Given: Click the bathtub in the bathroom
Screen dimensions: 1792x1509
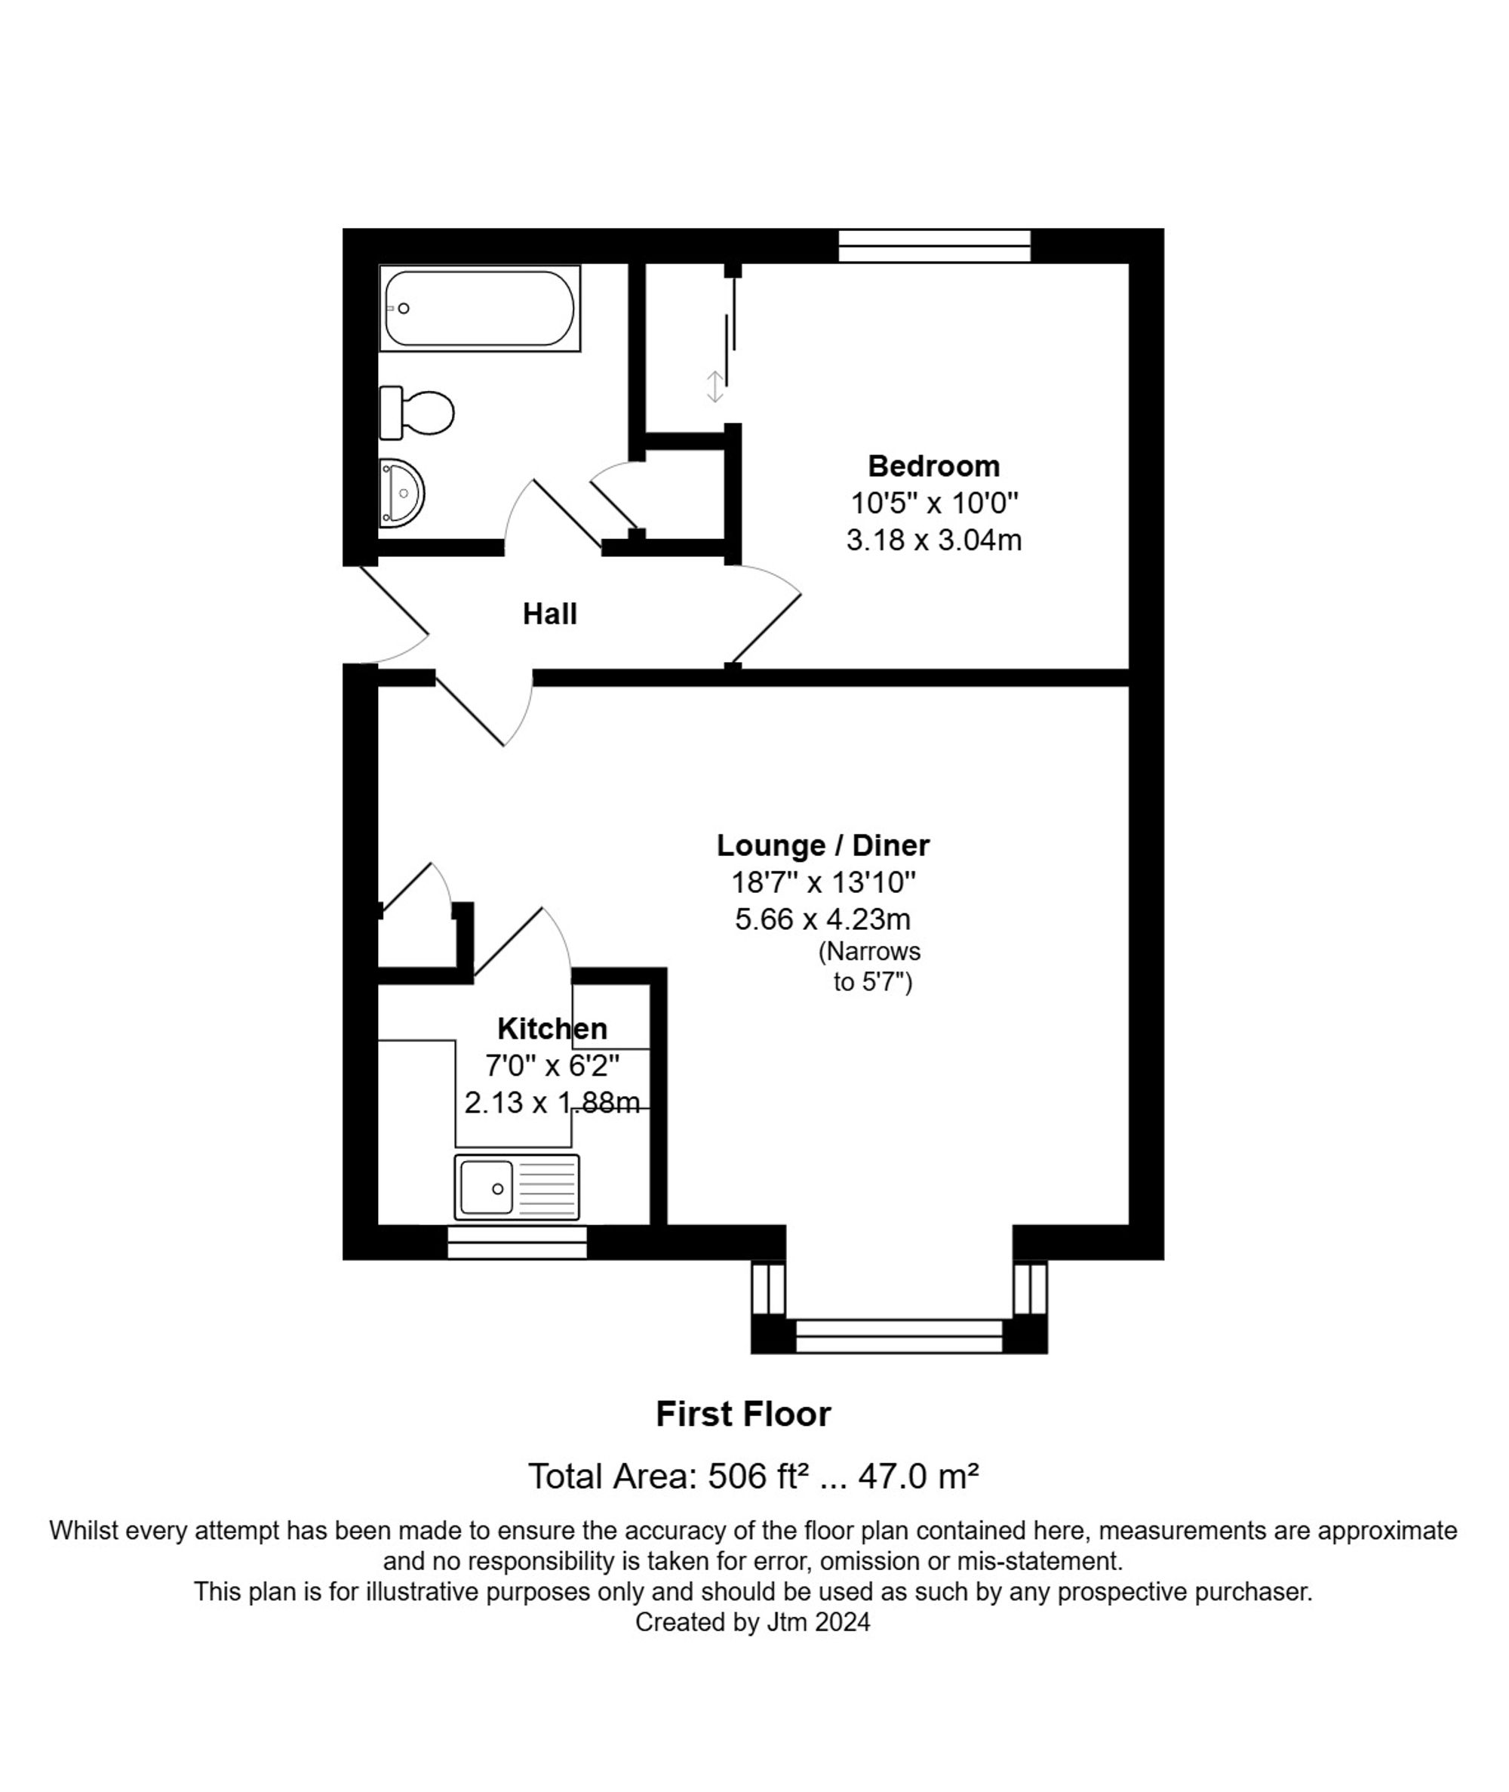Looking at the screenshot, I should click(479, 308).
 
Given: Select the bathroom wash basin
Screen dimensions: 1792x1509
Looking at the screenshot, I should click(401, 493).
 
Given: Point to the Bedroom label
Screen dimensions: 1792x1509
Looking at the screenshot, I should click(933, 466).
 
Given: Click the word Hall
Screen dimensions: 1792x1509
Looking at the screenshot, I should click(550, 614).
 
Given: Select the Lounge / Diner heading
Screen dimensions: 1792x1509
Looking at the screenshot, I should click(823, 845).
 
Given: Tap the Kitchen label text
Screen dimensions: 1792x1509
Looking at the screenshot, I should click(552, 1028).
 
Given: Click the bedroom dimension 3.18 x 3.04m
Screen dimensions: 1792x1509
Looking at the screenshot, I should click(933, 540).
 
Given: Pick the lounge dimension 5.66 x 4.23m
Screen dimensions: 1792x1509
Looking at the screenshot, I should click(823, 919).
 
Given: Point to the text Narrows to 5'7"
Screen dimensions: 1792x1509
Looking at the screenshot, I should click(871, 966).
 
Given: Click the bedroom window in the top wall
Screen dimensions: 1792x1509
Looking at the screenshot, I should click(934, 245).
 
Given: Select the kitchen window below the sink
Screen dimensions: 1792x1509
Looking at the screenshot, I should click(517, 1242).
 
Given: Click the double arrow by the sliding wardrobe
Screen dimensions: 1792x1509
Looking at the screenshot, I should click(715, 386).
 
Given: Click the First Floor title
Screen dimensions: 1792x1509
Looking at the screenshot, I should click(742, 1414).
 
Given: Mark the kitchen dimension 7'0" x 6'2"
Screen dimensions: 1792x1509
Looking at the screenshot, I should click(552, 1065).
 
